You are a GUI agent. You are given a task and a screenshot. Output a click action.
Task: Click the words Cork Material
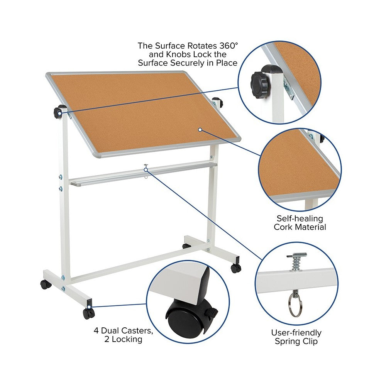[x=300, y=227]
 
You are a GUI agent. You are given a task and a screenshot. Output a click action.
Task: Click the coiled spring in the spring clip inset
[x=296, y=264]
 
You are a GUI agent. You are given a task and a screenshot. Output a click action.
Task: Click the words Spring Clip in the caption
[x=296, y=341]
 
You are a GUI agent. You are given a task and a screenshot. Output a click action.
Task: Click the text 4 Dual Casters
[x=118, y=331]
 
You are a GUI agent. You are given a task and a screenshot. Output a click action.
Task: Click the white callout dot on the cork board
[x=200, y=130]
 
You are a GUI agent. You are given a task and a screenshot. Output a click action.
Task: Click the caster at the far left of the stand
[x=46, y=285]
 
